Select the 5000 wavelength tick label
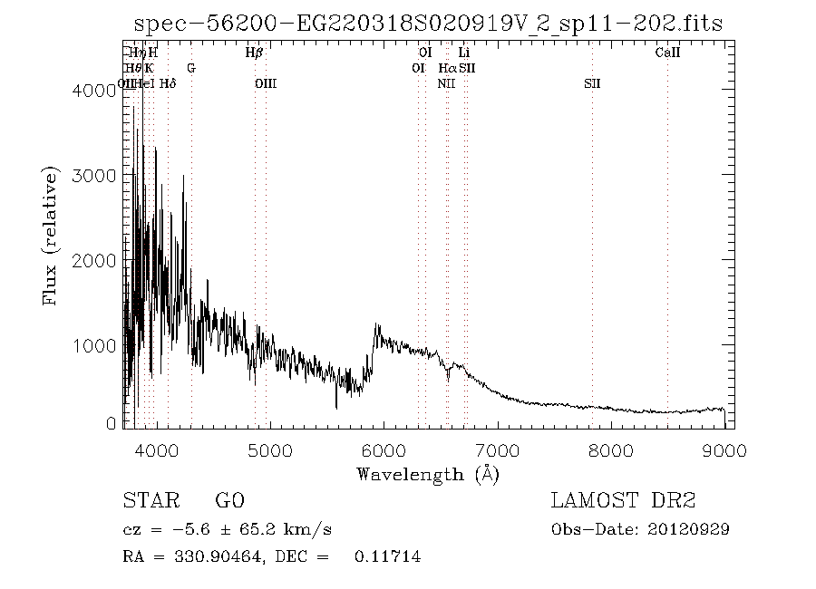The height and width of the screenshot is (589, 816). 269,449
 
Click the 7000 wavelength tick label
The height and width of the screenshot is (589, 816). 497,449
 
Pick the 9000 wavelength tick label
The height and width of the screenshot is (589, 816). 724,449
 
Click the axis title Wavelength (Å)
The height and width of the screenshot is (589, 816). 428,473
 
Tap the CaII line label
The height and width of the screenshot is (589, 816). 667,53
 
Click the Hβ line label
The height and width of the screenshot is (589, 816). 254,53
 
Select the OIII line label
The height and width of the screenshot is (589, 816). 265,83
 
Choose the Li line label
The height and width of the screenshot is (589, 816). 463,53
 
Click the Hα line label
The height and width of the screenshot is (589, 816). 447,68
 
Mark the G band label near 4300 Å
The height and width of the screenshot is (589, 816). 190,68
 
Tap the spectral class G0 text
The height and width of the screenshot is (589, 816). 230,501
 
